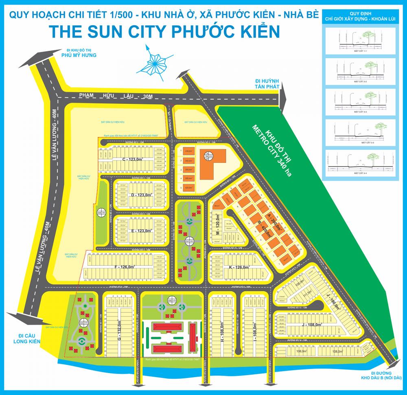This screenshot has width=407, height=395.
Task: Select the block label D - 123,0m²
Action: pos(141,195)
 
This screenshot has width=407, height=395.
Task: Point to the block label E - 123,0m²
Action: pos(141,230)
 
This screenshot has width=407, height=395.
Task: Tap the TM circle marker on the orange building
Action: pos(206,156)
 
